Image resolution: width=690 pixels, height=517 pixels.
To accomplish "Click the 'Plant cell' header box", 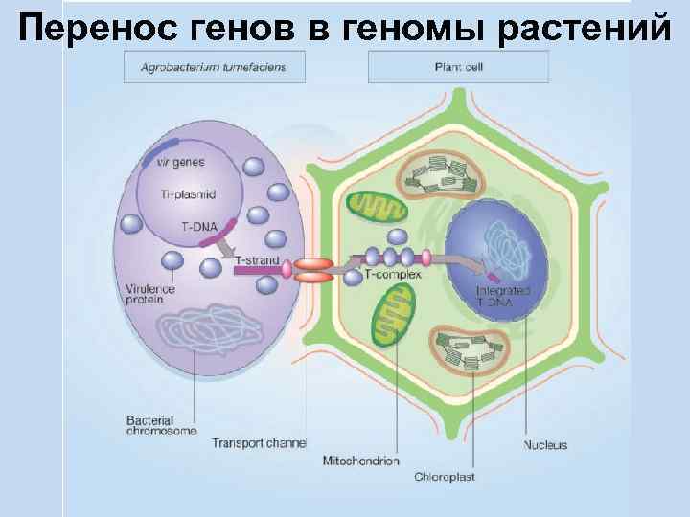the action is [x=458, y=67].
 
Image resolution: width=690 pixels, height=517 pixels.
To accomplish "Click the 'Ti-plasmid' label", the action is [x=189, y=194].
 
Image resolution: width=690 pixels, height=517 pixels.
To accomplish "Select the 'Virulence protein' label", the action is [x=151, y=292].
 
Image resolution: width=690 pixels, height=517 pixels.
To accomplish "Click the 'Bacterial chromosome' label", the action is [x=161, y=424].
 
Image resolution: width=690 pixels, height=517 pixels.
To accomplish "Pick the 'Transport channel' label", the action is [x=258, y=442].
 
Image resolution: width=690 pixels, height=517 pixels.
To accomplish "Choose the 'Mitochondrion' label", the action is [x=361, y=461].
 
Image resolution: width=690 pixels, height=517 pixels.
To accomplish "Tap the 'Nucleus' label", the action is [x=545, y=444].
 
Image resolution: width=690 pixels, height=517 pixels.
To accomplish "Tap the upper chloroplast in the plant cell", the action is [x=447, y=176].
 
